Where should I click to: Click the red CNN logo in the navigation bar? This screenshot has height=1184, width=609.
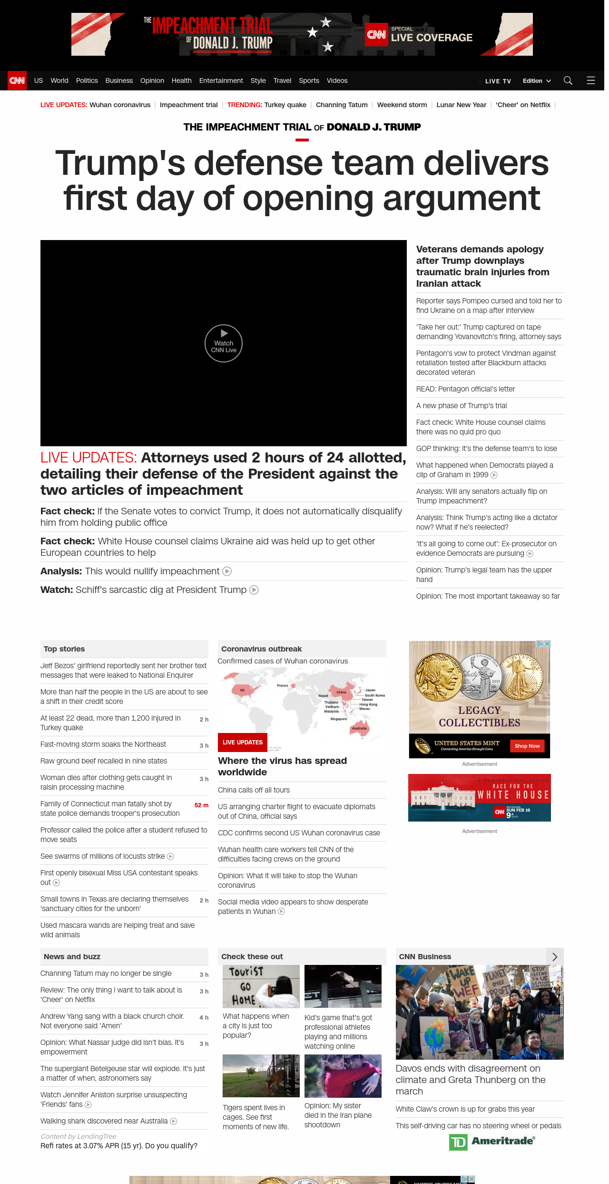[x=17, y=80]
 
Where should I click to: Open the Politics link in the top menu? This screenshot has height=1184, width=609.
[x=87, y=80]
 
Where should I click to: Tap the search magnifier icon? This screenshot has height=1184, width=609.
[x=568, y=80]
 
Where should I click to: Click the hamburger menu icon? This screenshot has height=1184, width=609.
[x=590, y=80]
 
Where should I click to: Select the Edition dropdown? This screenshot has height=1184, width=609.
[x=536, y=81]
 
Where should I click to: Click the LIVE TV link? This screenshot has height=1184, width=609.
[x=498, y=81]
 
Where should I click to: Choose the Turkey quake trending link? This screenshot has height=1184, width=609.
[x=285, y=105]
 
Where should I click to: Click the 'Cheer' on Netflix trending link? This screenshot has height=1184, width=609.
[x=523, y=105]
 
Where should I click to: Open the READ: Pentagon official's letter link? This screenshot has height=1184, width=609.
[x=465, y=389]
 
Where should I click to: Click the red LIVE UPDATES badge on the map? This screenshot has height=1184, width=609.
[x=243, y=742]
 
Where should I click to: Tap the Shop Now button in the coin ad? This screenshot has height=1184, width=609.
[x=527, y=746]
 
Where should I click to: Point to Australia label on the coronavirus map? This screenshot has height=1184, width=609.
[x=359, y=728]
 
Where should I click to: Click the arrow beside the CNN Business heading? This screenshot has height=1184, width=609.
[x=554, y=957]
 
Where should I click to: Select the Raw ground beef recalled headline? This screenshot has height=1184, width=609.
[x=104, y=761]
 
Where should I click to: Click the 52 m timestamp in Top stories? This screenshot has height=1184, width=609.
[x=201, y=805]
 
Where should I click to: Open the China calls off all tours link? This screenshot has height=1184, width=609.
[x=254, y=790]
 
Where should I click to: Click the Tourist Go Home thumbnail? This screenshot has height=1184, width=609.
[x=261, y=986]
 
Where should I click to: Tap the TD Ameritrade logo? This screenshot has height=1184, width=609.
[x=492, y=1142]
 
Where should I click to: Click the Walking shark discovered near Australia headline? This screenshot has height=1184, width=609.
[x=104, y=1121]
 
